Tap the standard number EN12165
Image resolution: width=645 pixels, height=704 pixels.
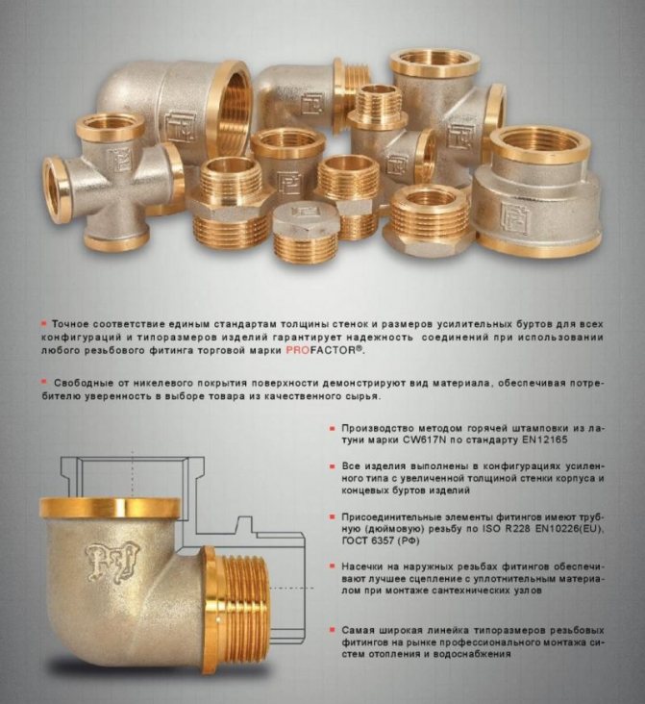coord(544,440)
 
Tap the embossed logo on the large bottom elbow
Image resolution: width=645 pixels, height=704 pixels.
coord(112,562)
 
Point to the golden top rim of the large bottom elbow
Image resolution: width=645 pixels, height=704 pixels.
coord(111,508)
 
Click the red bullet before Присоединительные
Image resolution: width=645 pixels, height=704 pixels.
coord(333,516)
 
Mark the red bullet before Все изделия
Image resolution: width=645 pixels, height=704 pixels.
coord(333,466)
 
